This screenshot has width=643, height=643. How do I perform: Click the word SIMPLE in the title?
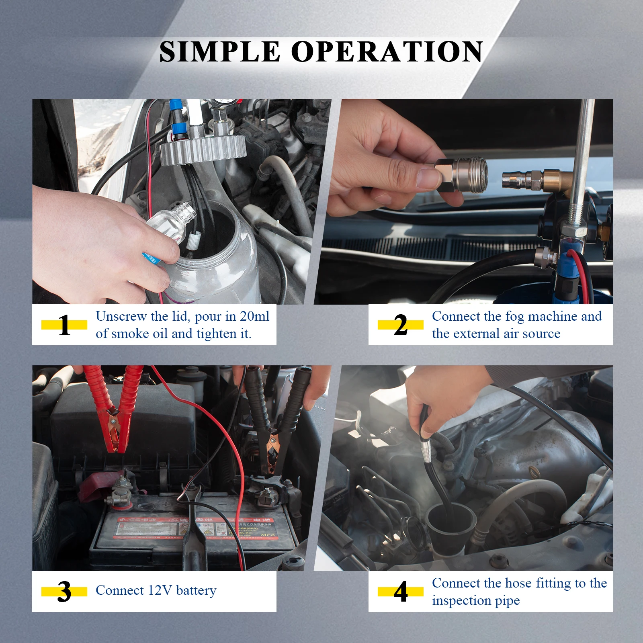pos(219,52)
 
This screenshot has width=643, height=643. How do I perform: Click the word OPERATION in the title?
pos(387,52)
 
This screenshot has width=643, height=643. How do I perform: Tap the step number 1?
pos(64,325)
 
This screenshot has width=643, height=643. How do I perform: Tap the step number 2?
pos(400,325)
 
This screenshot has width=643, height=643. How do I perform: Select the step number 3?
pos(64,592)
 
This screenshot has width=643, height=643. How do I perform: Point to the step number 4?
pos(400,592)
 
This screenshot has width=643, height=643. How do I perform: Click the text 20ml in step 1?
pos(254,316)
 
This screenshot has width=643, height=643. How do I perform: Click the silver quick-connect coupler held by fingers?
pos(462,175)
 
